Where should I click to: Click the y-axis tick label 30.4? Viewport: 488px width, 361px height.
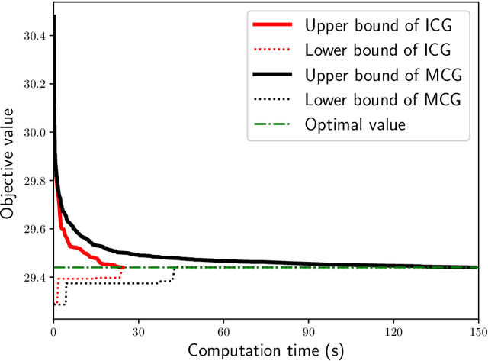point(34,36)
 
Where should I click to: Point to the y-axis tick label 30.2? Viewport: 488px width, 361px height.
point(34,84)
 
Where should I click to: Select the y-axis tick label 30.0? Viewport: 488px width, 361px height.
point(34,132)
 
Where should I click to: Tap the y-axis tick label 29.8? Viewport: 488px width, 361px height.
point(34,181)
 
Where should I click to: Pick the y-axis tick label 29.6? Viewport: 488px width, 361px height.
point(34,229)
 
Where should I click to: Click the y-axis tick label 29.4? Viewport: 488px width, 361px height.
point(34,278)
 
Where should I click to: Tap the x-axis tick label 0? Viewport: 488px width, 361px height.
point(53,333)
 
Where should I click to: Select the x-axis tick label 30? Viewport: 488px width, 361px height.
point(138,333)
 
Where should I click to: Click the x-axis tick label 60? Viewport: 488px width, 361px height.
point(223,333)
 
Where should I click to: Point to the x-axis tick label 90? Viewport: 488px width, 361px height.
point(308,333)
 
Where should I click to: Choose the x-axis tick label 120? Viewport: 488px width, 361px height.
point(393,333)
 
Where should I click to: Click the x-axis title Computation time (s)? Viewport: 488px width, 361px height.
point(265,350)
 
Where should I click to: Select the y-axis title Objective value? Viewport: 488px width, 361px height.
point(9,164)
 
